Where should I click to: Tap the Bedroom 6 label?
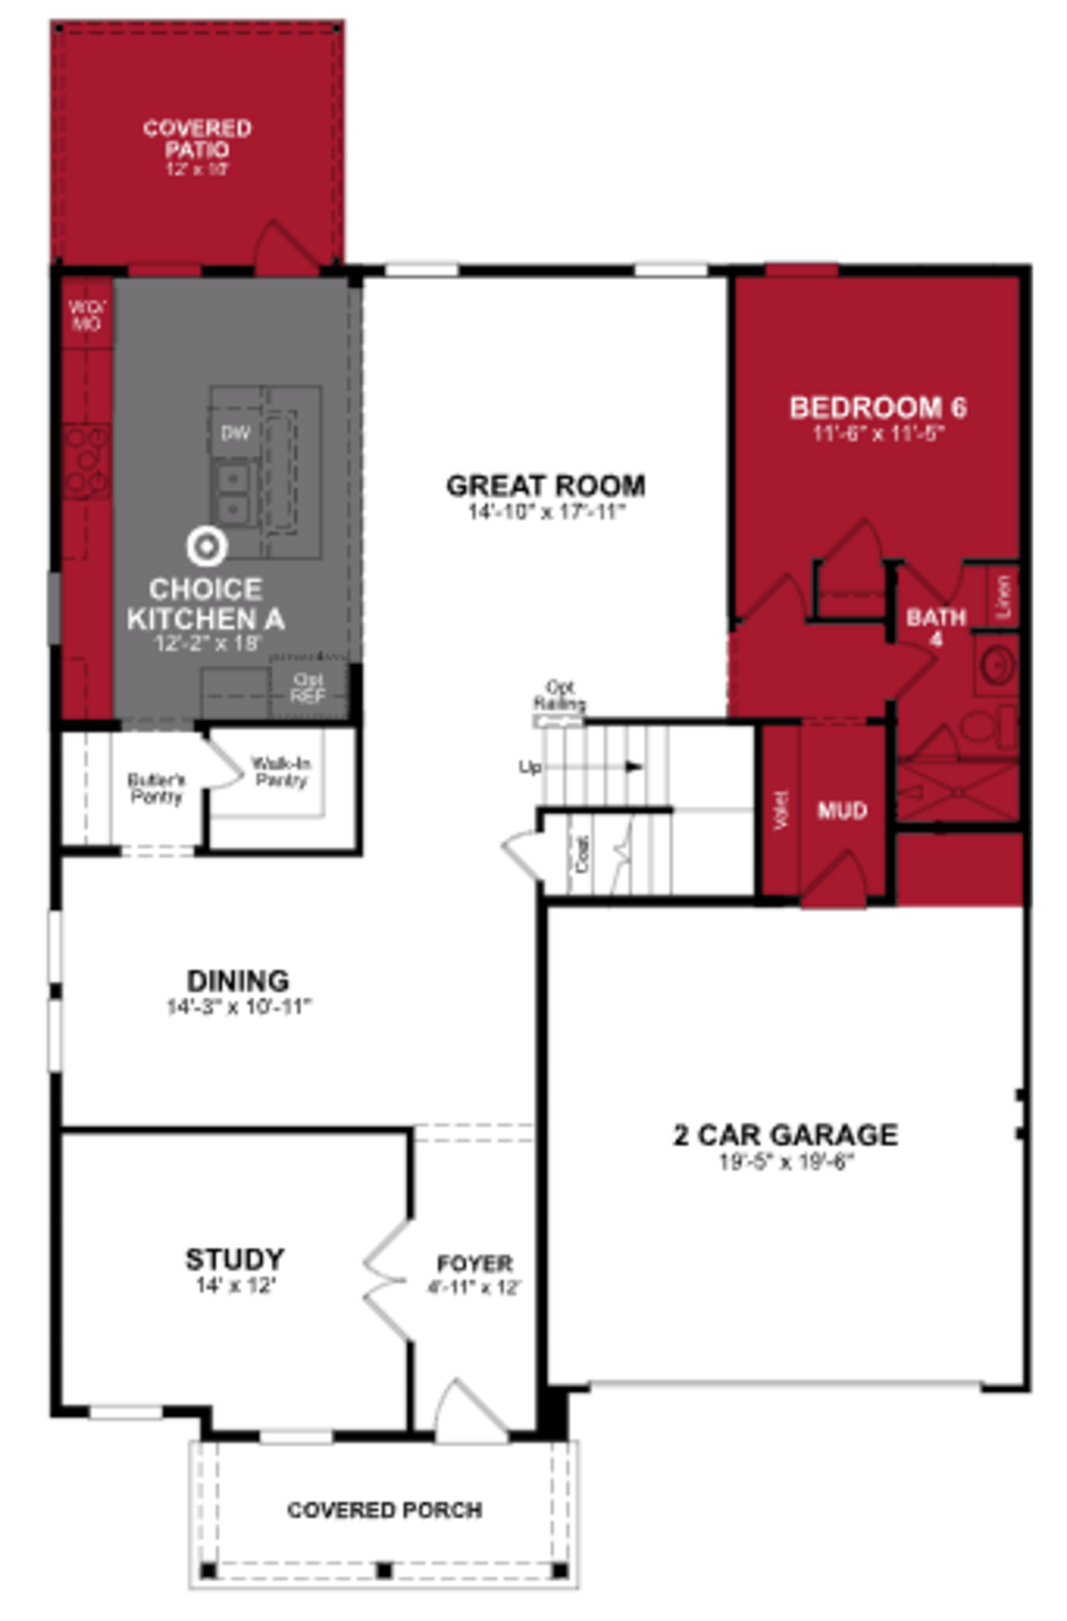(x=878, y=408)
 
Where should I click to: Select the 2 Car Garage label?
(x=785, y=1134)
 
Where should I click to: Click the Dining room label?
(x=238, y=981)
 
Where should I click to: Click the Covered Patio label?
(x=197, y=138)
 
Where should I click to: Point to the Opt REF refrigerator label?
(x=308, y=688)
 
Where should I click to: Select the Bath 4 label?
(x=936, y=627)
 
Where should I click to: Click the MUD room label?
(x=842, y=810)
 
